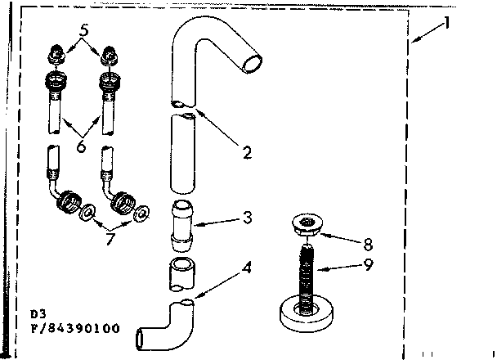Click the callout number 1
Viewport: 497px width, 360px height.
click(446, 23)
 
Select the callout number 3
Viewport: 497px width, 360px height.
click(247, 218)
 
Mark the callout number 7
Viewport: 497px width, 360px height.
click(108, 238)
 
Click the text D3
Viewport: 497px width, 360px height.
click(38, 313)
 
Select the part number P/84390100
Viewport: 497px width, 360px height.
click(74, 329)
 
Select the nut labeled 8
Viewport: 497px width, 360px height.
click(307, 225)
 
